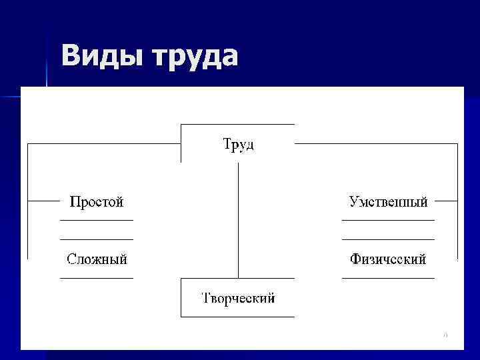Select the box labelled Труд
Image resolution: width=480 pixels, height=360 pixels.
click(237, 144)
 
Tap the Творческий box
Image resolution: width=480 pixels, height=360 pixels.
click(238, 298)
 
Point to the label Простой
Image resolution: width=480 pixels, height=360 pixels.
click(97, 201)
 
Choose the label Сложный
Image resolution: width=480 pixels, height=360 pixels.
click(97, 259)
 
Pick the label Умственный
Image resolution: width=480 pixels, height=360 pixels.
click(388, 201)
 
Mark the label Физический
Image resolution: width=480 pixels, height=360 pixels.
click(388, 259)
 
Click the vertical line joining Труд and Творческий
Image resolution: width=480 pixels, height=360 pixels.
click(238, 220)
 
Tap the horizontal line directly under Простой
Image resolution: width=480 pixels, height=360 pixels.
click(97, 219)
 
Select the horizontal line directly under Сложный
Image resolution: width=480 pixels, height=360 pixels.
click(97, 277)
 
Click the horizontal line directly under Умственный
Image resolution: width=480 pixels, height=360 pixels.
click(388, 219)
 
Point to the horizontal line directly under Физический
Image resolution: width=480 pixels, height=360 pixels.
click(388, 277)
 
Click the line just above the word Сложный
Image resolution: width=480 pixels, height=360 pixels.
click(97, 239)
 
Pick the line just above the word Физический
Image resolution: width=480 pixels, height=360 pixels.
click(388, 239)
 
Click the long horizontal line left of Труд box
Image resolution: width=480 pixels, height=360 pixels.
click(103, 143)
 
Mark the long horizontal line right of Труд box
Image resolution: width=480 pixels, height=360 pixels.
click(377, 143)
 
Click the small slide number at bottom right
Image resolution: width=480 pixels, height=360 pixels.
click(445, 334)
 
